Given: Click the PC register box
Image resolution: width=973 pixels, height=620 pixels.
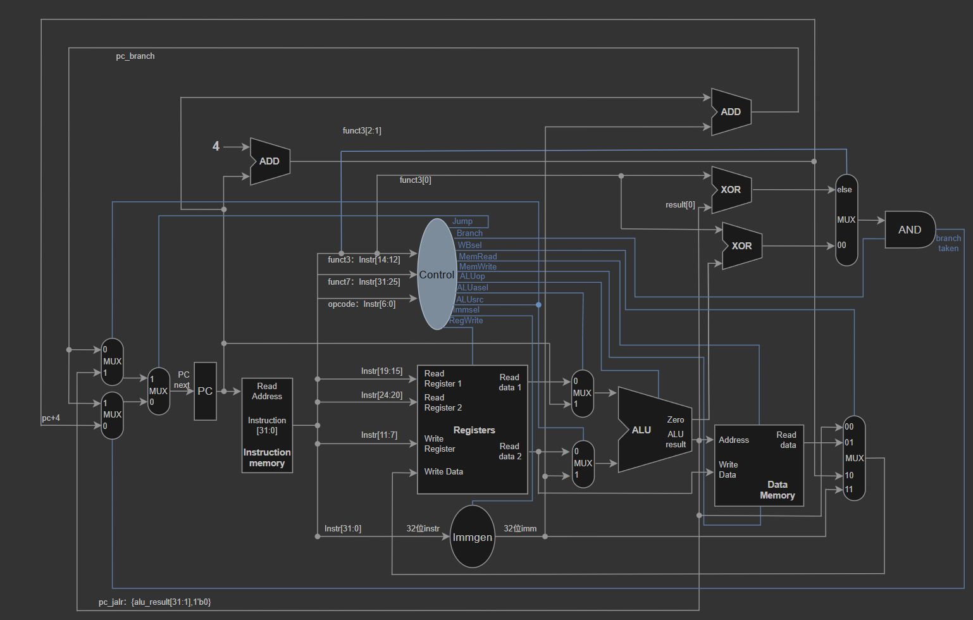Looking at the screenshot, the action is coord(205,391).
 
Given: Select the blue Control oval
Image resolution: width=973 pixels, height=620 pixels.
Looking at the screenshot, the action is coord(437,274).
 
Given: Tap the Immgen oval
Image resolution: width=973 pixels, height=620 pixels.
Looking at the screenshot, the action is coord(473,536).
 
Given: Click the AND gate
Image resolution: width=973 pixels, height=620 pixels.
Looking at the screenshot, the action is coord(910,230).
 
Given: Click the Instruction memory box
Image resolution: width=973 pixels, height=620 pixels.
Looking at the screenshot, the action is coord(267,425).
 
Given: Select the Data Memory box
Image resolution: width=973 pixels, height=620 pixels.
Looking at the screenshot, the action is coord(759,466).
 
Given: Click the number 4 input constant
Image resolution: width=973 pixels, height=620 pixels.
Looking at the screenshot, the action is coord(216,146).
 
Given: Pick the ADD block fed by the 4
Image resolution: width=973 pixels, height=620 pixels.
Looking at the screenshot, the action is coord(270,161).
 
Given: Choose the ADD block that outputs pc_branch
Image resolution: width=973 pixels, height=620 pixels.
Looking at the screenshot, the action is coord(731,112).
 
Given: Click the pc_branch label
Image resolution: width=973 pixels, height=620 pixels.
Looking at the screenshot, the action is coord(135,56).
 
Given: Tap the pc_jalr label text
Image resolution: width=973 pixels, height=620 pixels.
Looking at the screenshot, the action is coord(154,602).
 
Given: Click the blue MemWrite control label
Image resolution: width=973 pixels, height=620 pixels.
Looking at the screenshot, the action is coord(478,266).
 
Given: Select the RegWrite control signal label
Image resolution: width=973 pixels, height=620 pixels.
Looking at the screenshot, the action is coord(466,321).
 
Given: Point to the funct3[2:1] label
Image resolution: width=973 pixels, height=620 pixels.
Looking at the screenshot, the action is coord(362,130).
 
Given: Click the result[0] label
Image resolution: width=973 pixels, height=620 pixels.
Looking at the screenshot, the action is coord(680,204).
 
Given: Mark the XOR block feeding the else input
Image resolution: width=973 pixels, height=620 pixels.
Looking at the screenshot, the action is coord(731,190).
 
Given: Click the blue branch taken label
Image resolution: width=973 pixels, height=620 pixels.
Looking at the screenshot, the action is coord(948,244).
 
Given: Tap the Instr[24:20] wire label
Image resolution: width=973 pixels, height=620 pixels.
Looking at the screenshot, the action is coord(382,395).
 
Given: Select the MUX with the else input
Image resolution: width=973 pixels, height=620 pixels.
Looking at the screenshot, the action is coord(846,220).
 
